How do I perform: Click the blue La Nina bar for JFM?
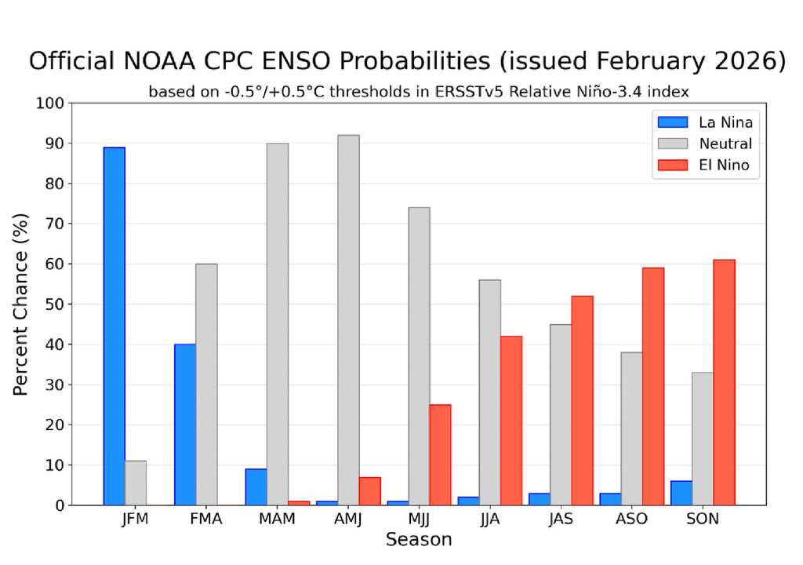click(114, 326)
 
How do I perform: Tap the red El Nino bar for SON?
click(724, 382)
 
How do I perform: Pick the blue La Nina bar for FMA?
click(185, 425)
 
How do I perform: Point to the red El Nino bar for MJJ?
click(440, 454)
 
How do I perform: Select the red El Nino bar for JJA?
click(511, 421)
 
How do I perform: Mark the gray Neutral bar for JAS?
click(561, 414)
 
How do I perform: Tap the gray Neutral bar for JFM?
click(136, 483)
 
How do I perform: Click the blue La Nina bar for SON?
click(681, 493)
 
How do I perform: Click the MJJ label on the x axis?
click(419, 519)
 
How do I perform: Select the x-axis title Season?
click(419, 540)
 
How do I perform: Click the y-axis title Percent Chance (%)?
click(21, 304)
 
